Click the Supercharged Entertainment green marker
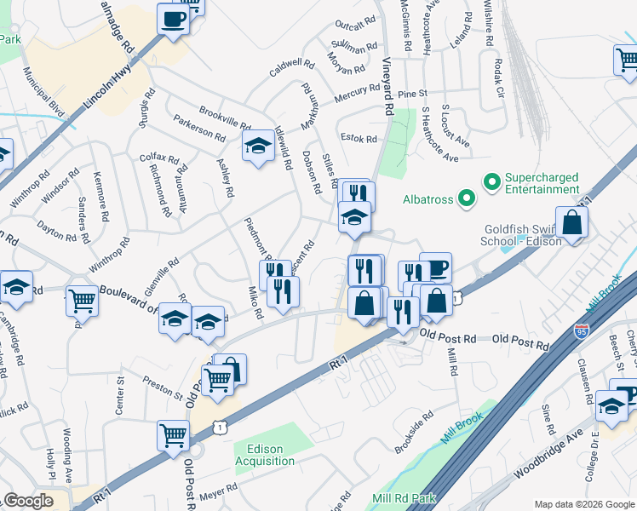point(491,182)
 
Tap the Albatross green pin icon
point(466,200)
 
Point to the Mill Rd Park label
point(404,498)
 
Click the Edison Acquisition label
point(270,456)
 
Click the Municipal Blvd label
point(45,90)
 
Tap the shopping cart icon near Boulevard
point(82,301)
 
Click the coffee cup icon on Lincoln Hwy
point(173,19)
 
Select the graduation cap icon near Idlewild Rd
point(259,146)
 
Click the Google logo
point(27,501)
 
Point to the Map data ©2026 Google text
point(584,504)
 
